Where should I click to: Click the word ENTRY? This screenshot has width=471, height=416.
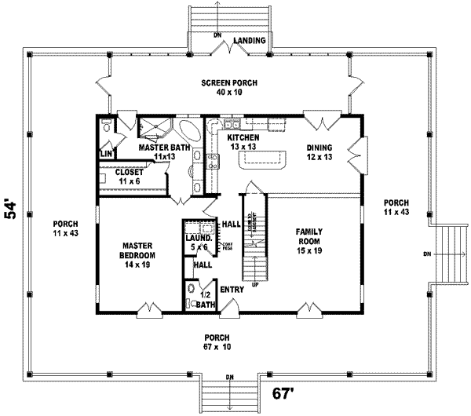(x=232, y=290)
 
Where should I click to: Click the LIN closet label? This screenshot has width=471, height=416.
(x=106, y=154)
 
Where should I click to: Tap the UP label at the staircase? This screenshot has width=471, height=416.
(x=254, y=283)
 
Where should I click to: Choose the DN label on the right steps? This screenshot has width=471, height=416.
(x=426, y=254)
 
